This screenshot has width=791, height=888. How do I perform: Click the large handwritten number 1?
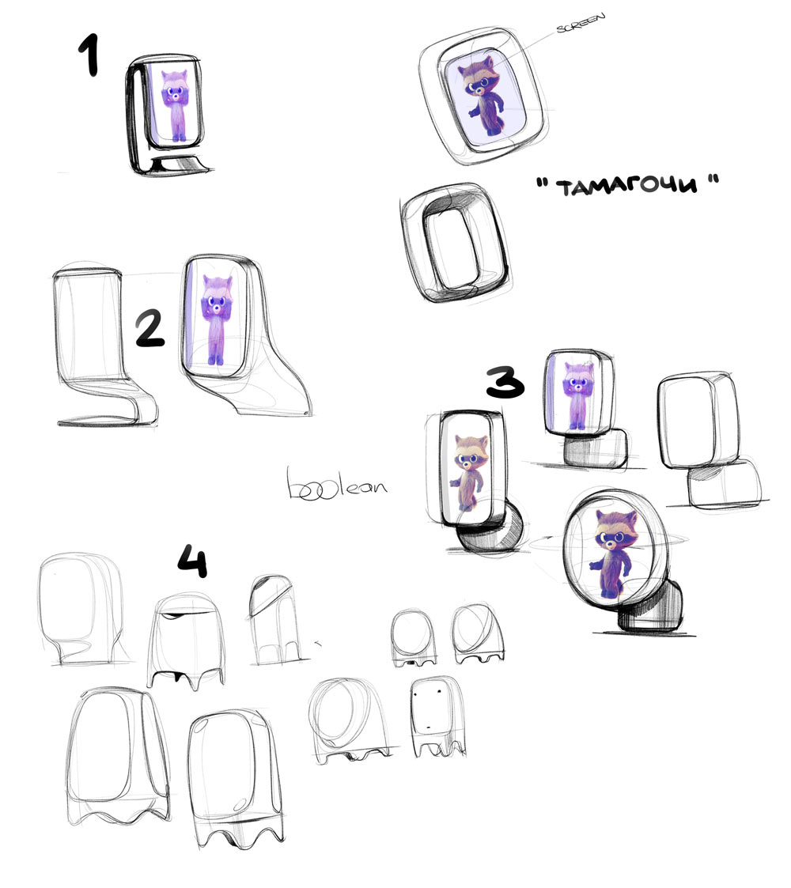tap(93, 57)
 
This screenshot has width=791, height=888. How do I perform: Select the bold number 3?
tap(503, 382)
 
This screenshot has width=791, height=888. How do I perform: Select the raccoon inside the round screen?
tap(611, 554)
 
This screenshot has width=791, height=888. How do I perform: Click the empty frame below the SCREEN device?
tap(453, 246)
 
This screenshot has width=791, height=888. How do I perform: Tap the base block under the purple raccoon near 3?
tap(596, 449)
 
